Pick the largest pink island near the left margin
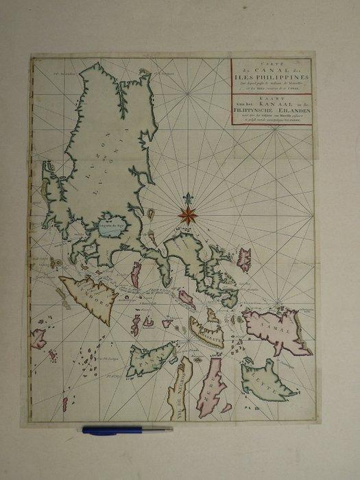pyautogui.click(x=38, y=337)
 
